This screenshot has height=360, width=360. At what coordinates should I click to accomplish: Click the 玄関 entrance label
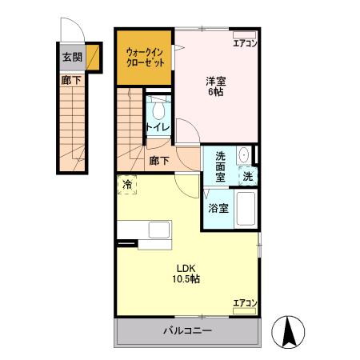coord(72,57)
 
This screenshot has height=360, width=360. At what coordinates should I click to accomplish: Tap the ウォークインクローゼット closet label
coord(145,57)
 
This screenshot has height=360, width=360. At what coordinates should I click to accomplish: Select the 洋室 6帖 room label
coord(216,86)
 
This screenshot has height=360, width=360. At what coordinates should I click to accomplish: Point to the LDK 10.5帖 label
coord(186,274)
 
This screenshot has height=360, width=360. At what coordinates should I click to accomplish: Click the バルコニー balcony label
coord(187,330)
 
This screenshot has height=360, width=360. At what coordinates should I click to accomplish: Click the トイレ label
coord(158,127)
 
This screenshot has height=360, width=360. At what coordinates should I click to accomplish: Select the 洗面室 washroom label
coord(220,166)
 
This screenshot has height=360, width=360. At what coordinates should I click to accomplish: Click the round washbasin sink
coord(243,154)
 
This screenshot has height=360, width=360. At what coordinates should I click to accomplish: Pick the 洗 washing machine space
coord(248,176)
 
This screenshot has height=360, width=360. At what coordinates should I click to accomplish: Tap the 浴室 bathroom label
coord(218,208)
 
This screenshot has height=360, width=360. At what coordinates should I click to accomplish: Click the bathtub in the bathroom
coord(246,209)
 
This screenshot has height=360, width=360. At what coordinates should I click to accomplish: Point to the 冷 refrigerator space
coord(127,185)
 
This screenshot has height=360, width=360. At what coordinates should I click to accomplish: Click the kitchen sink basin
coord(159,230)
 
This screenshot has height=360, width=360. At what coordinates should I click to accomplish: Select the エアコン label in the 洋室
coord(245,43)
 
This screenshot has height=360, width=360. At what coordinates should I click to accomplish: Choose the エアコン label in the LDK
coord(245,303)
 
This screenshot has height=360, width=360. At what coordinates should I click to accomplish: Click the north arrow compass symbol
coord(288,332)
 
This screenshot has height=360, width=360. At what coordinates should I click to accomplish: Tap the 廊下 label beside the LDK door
coord(159,161)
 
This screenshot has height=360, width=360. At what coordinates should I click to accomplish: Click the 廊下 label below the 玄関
coord(71,80)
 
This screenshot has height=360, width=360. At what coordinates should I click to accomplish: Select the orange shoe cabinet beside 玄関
coord(93,58)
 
